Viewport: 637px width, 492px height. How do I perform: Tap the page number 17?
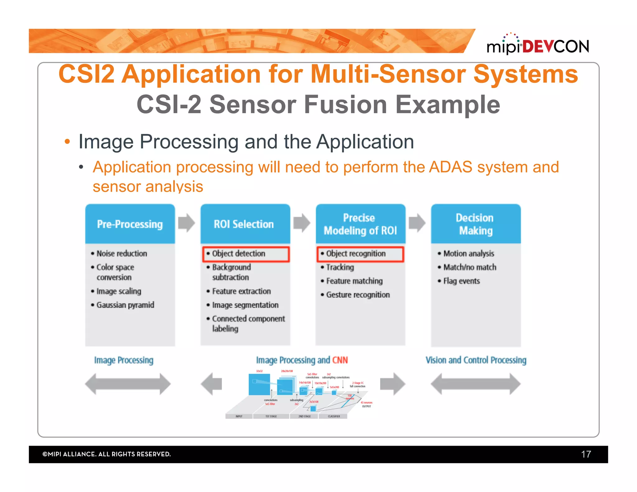(586, 454)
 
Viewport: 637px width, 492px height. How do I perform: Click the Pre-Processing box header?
(130, 224)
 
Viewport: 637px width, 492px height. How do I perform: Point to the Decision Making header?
(476, 224)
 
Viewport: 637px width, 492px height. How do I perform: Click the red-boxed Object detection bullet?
(246, 254)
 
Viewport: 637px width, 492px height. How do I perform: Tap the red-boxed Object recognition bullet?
(360, 254)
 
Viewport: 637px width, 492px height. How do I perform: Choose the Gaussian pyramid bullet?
(125, 305)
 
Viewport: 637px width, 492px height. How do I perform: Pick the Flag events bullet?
(461, 281)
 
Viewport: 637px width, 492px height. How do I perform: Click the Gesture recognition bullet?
(358, 295)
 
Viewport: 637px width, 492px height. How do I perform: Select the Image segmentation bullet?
(245, 305)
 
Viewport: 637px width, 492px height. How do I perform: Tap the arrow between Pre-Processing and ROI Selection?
(187, 223)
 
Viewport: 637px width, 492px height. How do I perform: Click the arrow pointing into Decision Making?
(417, 223)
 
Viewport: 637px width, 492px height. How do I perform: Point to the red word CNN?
(340, 360)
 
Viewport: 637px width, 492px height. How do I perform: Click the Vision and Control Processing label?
(476, 360)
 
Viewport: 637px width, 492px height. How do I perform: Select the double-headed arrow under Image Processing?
(128, 384)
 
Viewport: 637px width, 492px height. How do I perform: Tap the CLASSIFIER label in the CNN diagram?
(334, 416)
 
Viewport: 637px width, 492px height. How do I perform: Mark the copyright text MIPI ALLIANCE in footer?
(107, 454)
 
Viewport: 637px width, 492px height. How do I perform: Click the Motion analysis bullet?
(468, 253)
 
